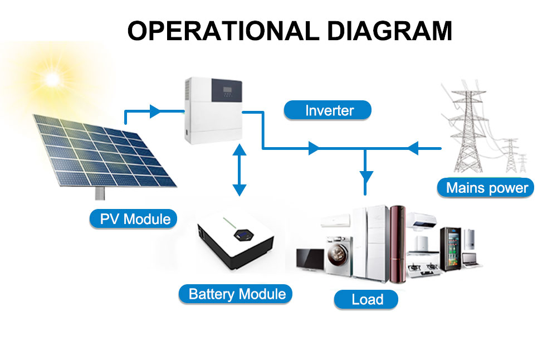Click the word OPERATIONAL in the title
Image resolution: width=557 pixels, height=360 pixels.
[223, 31]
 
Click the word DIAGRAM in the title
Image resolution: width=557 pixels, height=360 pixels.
[389, 31]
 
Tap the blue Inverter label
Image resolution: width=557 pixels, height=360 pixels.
[328, 110]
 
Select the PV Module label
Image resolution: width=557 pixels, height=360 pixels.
[133, 219]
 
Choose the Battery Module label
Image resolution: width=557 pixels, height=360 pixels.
[235, 294]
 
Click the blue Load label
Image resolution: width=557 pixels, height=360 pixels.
[366, 300]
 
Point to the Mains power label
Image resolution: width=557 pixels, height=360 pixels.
[485, 188]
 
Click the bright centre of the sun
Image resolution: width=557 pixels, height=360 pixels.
[52, 79]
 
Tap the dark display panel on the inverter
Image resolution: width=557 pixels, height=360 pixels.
[227, 90]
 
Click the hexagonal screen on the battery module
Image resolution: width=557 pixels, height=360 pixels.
[243, 235]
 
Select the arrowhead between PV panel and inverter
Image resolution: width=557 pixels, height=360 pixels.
[155, 111]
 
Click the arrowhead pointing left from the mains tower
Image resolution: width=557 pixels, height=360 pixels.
[413, 148]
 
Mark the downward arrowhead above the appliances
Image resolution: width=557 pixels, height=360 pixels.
[365, 177]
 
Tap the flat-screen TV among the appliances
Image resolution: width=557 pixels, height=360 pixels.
[310, 259]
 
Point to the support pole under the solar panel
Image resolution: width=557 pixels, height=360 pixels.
[100, 193]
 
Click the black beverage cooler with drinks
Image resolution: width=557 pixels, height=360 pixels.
[451, 249]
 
